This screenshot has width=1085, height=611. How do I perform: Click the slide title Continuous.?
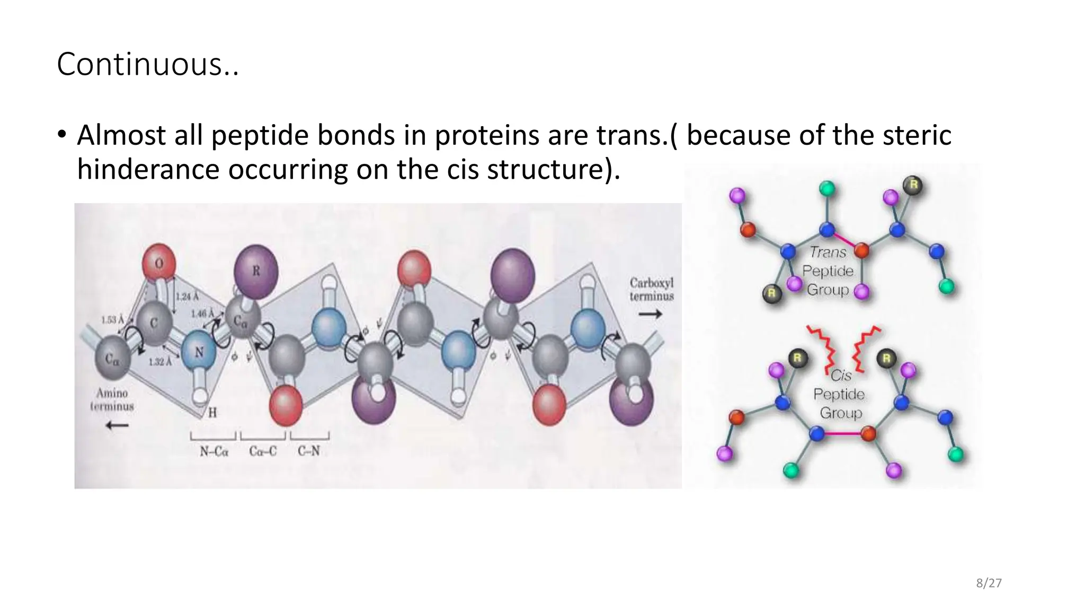(147, 65)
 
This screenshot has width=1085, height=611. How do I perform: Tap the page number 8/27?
(989, 583)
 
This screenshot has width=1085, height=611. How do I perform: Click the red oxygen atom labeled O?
(159, 262)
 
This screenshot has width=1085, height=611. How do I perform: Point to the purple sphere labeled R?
(256, 270)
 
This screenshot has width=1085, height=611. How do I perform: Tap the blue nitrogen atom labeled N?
(199, 352)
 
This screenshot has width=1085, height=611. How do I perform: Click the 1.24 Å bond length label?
(187, 296)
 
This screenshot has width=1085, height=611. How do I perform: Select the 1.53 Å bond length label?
(112, 320)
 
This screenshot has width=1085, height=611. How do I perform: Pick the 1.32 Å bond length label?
(159, 362)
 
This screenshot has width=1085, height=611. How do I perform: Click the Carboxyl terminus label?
(651, 290)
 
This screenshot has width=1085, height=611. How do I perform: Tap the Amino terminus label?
(112, 399)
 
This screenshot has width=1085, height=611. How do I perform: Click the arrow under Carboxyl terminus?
(651, 315)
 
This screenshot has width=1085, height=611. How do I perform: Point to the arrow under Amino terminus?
(117, 425)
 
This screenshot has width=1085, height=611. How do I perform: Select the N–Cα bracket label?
(214, 452)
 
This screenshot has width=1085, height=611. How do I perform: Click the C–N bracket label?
(309, 451)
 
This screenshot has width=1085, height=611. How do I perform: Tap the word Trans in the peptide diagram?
(827, 252)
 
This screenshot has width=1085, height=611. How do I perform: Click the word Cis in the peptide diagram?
(841, 376)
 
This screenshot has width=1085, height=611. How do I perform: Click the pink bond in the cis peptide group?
(842, 434)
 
